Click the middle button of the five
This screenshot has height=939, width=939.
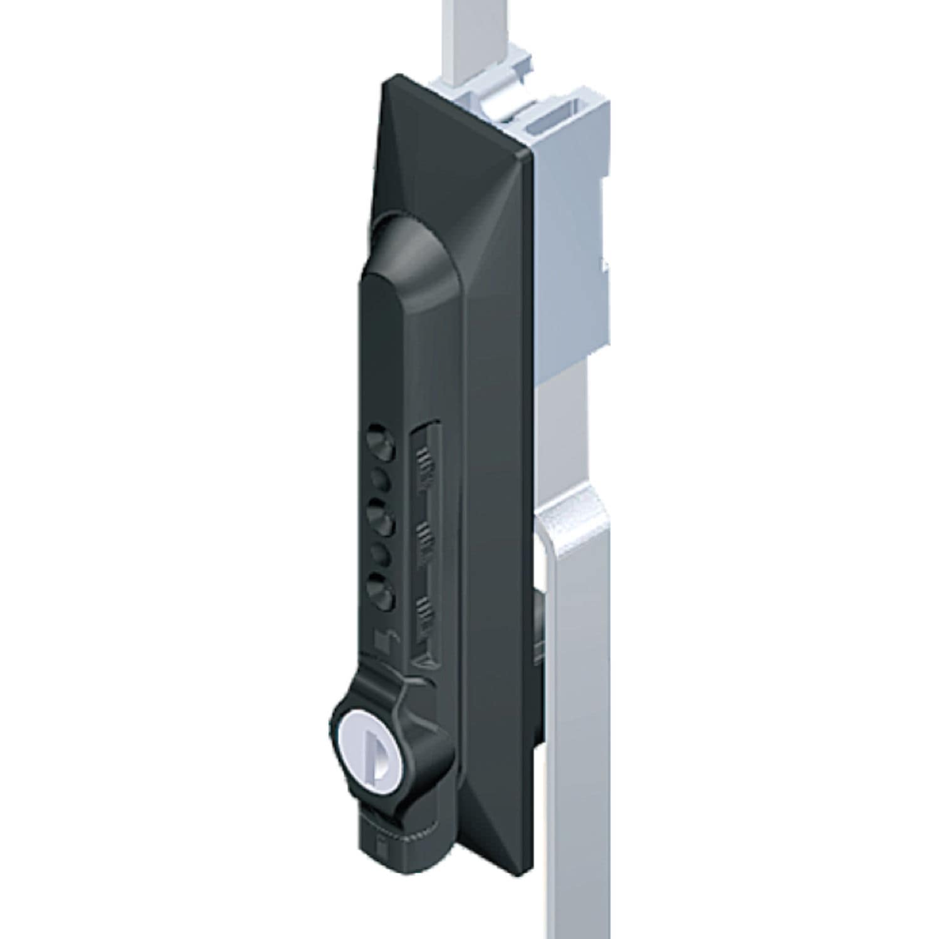click(x=381, y=518)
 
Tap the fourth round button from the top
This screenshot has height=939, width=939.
click(x=381, y=554)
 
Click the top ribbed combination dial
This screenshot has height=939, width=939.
click(x=426, y=467)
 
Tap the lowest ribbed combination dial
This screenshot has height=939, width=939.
click(x=426, y=610)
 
